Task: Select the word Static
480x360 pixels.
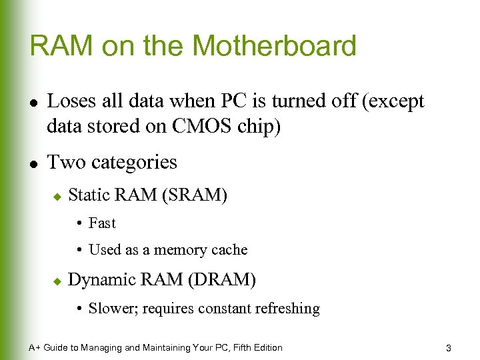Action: [x=90, y=195]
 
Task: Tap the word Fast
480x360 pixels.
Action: [x=102, y=223]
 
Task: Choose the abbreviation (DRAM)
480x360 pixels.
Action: [x=222, y=280]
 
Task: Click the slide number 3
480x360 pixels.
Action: [x=449, y=348]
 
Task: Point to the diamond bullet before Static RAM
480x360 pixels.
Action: [x=56, y=197]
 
